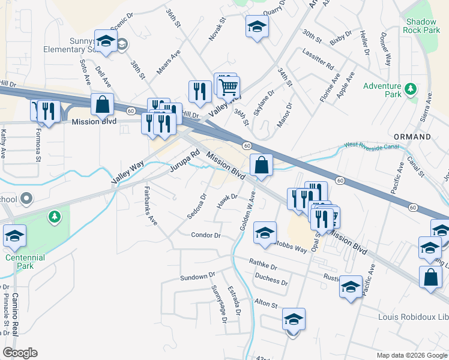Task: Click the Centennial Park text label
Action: pos(25,262)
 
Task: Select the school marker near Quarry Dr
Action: pos(257,27)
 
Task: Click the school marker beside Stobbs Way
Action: pos(265,233)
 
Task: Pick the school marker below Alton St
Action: pos(294,320)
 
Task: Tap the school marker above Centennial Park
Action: pos(14,236)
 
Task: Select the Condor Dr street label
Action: pos(206,235)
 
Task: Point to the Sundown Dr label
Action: pos(197,277)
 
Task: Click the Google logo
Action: pos(20,353)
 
